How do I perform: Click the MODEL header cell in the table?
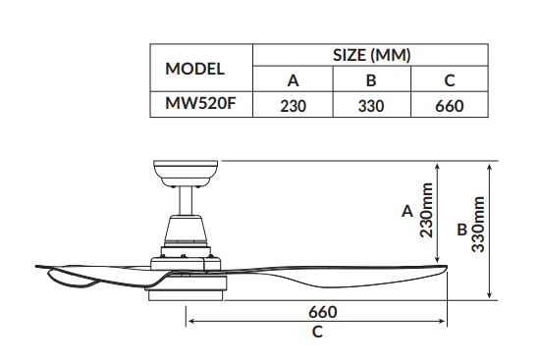(x=195, y=69)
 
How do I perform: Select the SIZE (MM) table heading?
(x=371, y=55)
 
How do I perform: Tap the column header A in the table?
(x=294, y=80)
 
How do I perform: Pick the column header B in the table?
(x=371, y=80)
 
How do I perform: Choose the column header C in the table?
(x=450, y=80)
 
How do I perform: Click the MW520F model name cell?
(x=200, y=103)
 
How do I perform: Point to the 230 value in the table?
(x=294, y=106)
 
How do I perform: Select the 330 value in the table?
(x=371, y=106)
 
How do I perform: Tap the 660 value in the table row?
(x=450, y=106)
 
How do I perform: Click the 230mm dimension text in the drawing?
(x=426, y=210)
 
